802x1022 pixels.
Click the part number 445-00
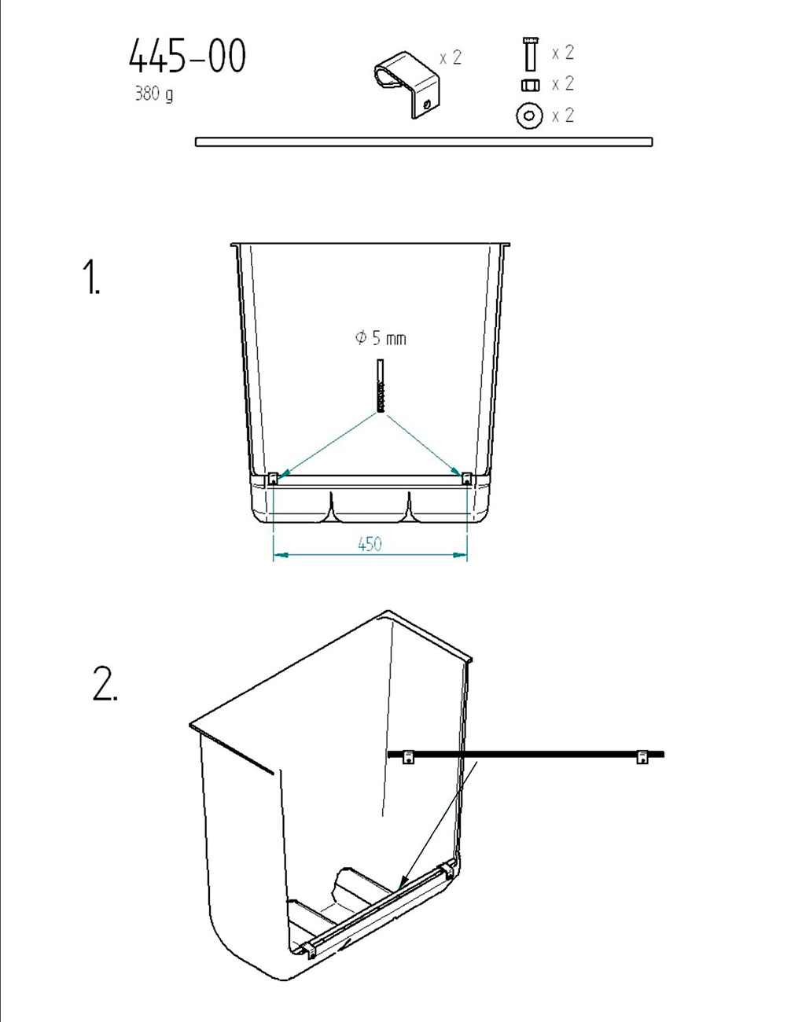[187, 56]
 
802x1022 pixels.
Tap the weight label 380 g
[154, 94]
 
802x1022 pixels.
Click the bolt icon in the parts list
[531, 54]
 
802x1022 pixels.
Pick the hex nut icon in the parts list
[531, 85]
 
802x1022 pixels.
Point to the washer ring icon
[529, 116]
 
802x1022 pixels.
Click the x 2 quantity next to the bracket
[451, 58]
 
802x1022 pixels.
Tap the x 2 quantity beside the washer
[563, 116]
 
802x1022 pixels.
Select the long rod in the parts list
[424, 142]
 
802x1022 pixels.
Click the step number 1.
[91, 278]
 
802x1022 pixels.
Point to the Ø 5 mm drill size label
[380, 338]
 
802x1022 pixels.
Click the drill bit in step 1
[380, 385]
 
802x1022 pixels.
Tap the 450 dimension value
[370, 544]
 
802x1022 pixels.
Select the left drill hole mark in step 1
[273, 479]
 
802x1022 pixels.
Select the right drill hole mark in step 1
[466, 479]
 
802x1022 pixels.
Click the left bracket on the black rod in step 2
[409, 757]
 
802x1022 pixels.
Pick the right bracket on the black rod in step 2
[642, 757]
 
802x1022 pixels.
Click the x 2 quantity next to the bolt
[563, 53]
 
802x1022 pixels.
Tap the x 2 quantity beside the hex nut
[563, 83]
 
